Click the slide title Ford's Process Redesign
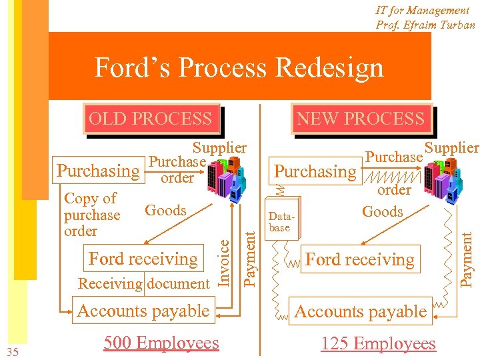tap(239, 68)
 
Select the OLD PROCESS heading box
tap(150, 119)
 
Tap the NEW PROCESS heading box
tap(360, 119)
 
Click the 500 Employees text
tap(161, 343)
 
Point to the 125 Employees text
tap(378, 343)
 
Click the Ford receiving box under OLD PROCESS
tap(143, 259)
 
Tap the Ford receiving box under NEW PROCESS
tap(360, 259)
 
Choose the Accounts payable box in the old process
tap(143, 311)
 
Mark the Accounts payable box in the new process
tap(360, 311)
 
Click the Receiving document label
tap(143, 283)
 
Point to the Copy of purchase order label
tap(91, 215)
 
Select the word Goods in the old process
tap(165, 211)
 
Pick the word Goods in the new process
tap(383, 212)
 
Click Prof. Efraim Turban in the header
tap(425, 25)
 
